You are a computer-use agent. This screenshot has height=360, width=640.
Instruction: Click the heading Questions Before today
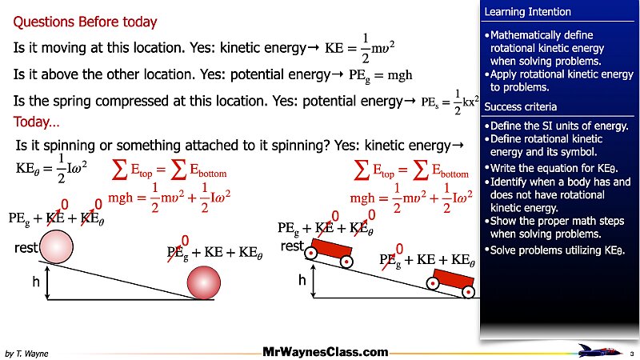pos(86,22)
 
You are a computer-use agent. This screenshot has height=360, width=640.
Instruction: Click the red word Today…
pos(36,123)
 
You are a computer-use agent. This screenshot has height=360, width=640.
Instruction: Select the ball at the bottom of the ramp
pos(202,282)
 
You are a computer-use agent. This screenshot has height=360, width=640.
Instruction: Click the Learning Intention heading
pos(527,12)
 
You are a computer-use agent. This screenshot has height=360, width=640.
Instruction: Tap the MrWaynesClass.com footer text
pos(326,351)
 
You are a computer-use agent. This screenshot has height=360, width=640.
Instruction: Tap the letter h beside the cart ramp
pos(302,280)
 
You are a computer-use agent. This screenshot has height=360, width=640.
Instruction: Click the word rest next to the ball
pos(26,249)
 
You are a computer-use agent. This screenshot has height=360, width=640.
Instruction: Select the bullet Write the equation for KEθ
pos(556,168)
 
